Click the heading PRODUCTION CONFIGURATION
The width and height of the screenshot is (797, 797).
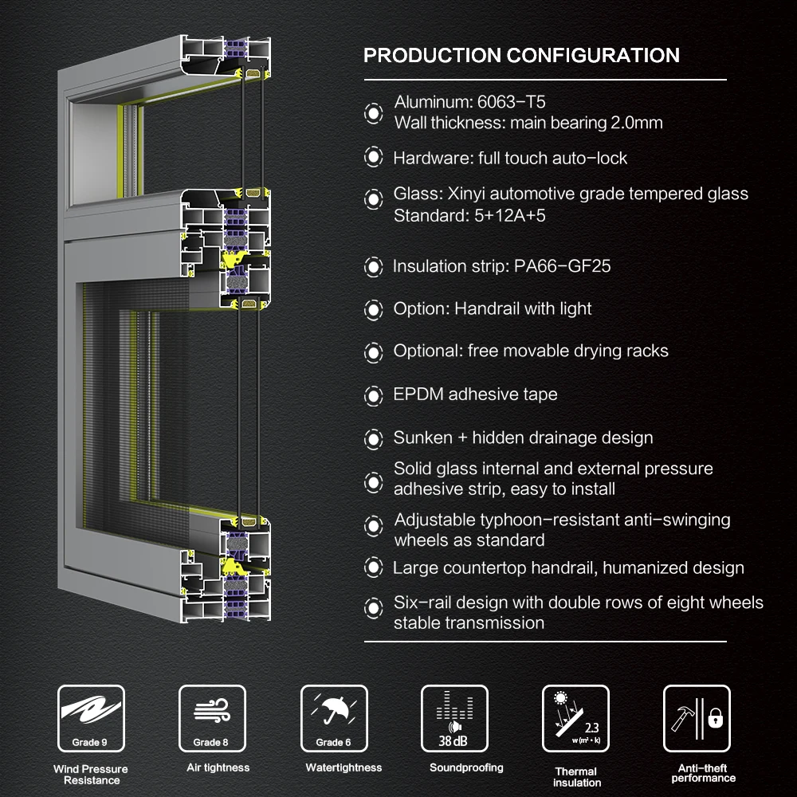[x=521, y=56]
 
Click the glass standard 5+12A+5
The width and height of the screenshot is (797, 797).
[x=505, y=215]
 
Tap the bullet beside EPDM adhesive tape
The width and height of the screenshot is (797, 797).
[x=373, y=395]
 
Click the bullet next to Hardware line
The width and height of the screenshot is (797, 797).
[x=373, y=158]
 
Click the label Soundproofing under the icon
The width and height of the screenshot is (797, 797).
[x=466, y=768]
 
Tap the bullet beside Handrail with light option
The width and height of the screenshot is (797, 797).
[x=373, y=309]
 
